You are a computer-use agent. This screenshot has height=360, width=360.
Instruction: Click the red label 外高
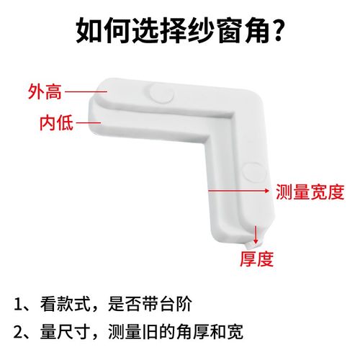(x=45, y=91)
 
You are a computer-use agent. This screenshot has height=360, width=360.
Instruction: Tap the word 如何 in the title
(x=104, y=32)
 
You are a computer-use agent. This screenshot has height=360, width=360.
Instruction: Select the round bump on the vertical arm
(x=252, y=171)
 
